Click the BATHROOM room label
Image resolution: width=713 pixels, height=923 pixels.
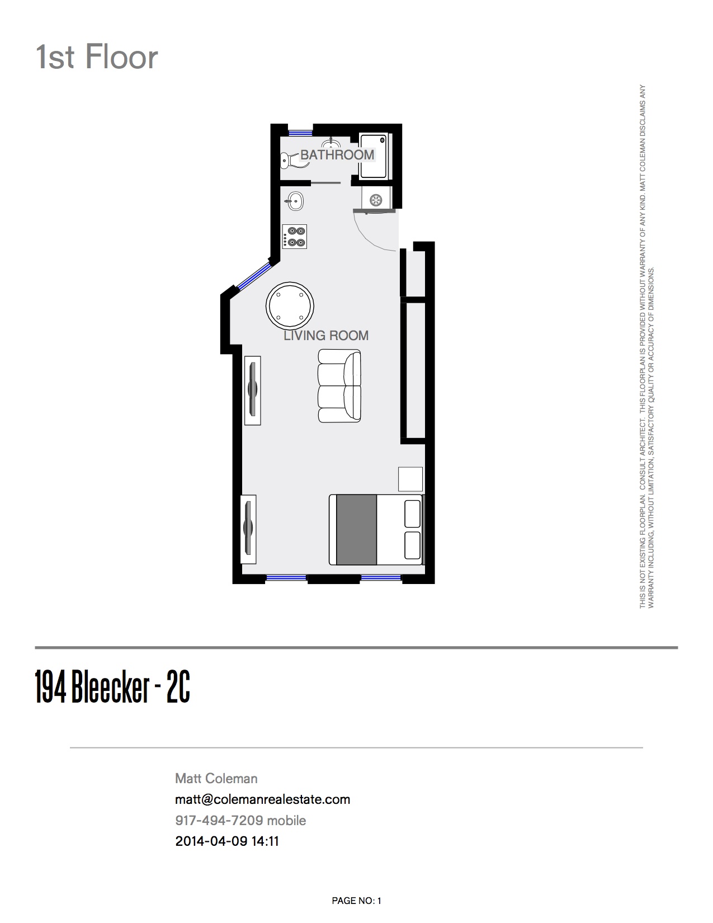pos(337,155)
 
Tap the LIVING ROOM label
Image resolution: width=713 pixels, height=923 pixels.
pos(325,336)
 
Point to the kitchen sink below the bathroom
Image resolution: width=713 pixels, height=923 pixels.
pos(295,201)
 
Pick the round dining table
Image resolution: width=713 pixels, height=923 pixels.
pos(290,306)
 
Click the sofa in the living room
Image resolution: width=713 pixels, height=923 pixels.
pos(340,385)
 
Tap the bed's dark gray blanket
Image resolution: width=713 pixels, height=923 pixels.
pos(356,529)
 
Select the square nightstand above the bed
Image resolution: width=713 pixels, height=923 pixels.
pos(410,479)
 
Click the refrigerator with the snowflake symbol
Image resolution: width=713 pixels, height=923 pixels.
pos(376,199)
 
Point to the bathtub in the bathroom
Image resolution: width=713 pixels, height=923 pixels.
pos(374,156)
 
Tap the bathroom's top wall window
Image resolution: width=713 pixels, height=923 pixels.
pos(301,133)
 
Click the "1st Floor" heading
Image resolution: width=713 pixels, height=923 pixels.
pos(97,57)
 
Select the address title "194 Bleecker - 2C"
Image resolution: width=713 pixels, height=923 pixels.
pos(112,687)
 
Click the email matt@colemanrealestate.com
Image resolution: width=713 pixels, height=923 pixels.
pos(262,799)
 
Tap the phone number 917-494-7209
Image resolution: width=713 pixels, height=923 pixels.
pos(219,820)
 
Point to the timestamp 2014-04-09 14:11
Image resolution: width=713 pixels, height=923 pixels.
pos(227,841)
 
